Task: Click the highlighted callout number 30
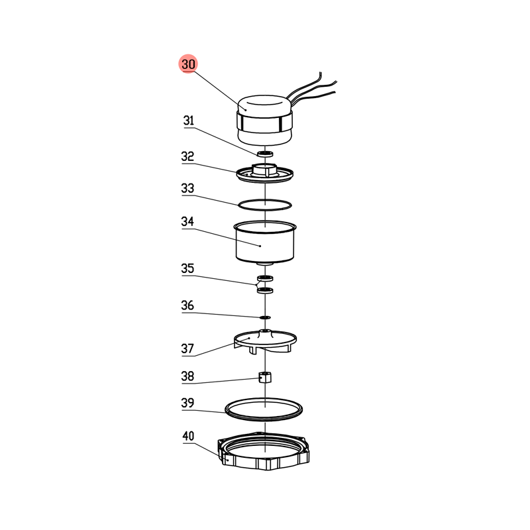tap(188, 64)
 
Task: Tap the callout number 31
tap(189, 121)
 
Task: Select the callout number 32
tap(187, 156)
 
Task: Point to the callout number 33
tap(187, 188)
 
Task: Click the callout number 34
tap(187, 221)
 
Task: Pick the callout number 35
tap(187, 268)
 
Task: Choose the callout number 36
tap(187, 305)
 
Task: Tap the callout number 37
tap(187, 348)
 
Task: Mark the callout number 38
tap(187, 376)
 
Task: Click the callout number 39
tap(187, 403)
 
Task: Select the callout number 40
tap(188, 436)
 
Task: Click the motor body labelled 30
tap(264, 121)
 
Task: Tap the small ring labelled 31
tap(265, 154)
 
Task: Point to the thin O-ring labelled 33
tap(264, 201)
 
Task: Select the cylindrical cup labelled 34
tap(265, 242)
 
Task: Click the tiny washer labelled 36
tap(265, 317)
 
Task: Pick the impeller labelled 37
tap(266, 341)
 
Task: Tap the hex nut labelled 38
tap(265, 377)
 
